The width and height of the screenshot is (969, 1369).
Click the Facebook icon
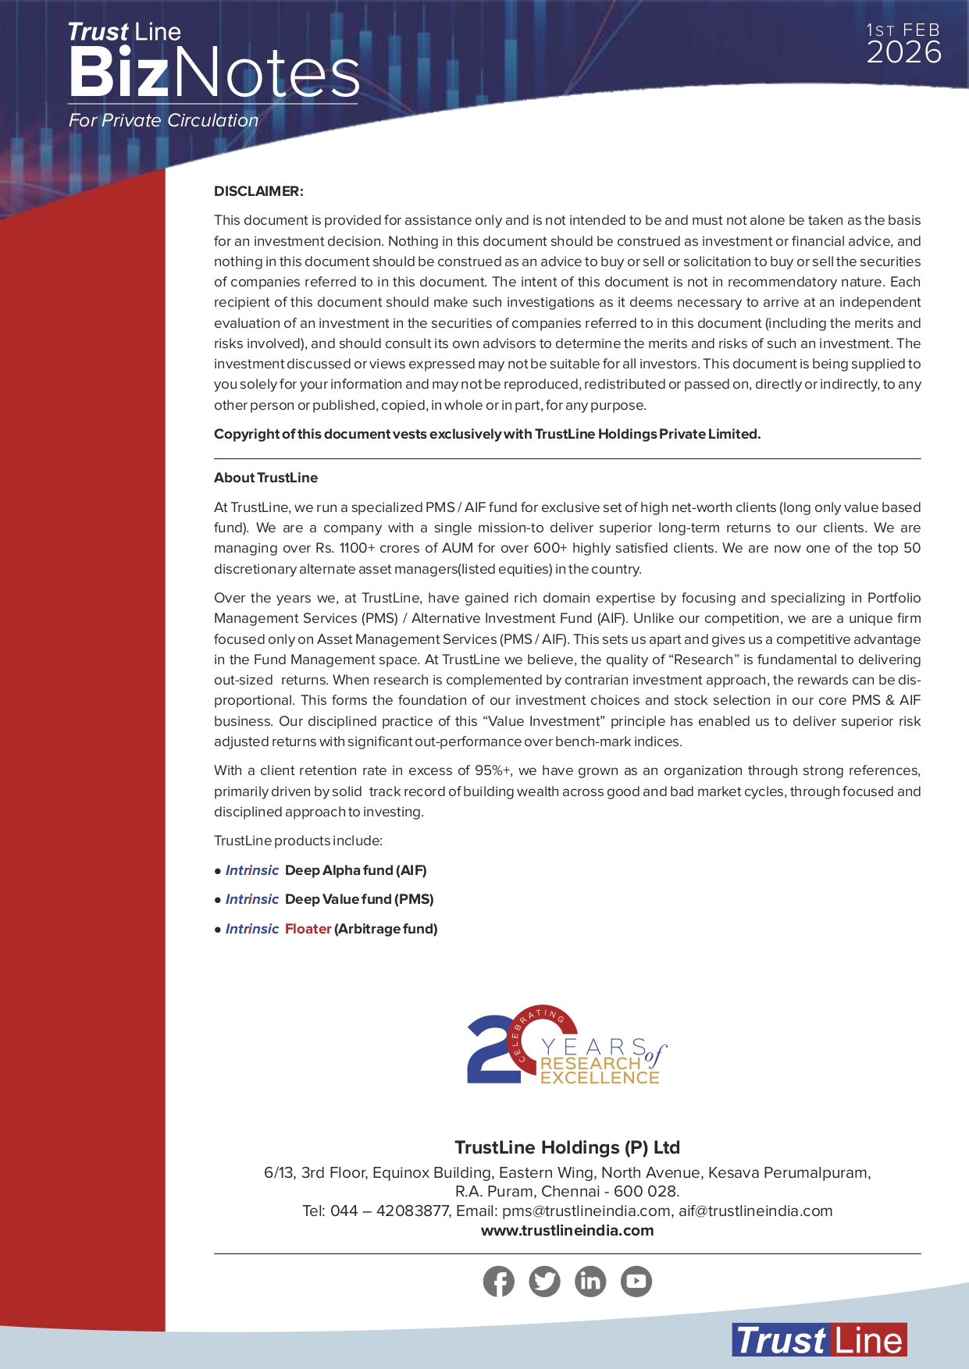click(x=498, y=1281)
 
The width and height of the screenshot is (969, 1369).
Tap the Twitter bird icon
click(x=544, y=1281)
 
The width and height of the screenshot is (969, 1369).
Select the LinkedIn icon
click(x=590, y=1281)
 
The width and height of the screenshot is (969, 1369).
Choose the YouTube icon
click(x=636, y=1281)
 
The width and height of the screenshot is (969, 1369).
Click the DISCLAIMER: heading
click(x=258, y=191)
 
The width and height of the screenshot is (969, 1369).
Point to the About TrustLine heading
click(x=265, y=478)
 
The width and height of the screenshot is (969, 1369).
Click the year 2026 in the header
click(x=903, y=53)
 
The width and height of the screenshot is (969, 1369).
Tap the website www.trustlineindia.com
click(x=567, y=1231)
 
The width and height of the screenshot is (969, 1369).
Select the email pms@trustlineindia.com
click(x=586, y=1211)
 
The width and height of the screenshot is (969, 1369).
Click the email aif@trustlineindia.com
click(x=755, y=1211)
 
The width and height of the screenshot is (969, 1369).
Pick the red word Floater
click(x=308, y=929)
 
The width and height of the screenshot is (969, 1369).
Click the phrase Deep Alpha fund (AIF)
click(x=355, y=870)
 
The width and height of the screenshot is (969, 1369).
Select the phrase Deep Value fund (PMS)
click(x=359, y=899)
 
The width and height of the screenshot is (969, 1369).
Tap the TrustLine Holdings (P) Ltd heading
click(x=567, y=1147)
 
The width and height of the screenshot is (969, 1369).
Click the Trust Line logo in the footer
click(x=819, y=1340)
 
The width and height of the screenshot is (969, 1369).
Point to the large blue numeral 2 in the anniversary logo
click(x=490, y=1050)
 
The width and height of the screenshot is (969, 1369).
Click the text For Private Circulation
click(x=163, y=120)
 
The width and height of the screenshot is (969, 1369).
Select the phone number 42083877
click(x=412, y=1211)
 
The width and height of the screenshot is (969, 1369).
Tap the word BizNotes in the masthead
click(x=213, y=73)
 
